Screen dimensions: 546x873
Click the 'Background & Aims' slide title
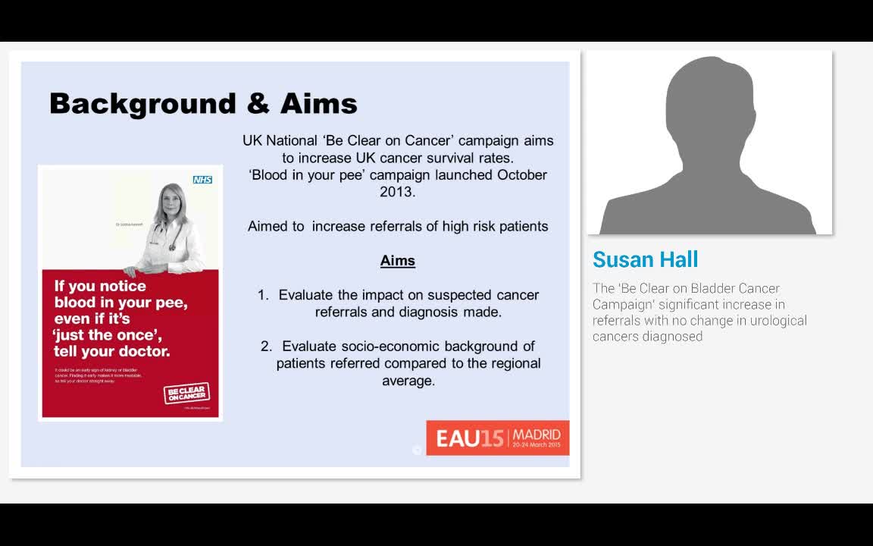[x=203, y=103]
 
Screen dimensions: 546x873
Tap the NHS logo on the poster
[x=202, y=180]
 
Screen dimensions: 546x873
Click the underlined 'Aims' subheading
[x=398, y=261]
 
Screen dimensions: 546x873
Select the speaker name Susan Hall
[x=645, y=259]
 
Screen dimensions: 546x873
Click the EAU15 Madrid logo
[x=497, y=438]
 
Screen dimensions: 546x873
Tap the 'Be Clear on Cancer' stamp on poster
[x=186, y=394]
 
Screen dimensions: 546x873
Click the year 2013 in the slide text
[x=398, y=192]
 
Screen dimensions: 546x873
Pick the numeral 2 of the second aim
[x=265, y=347]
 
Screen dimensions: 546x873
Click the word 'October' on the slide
[x=522, y=175]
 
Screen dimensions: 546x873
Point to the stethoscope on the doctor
[x=173, y=239]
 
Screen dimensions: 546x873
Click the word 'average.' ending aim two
[x=408, y=381]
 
